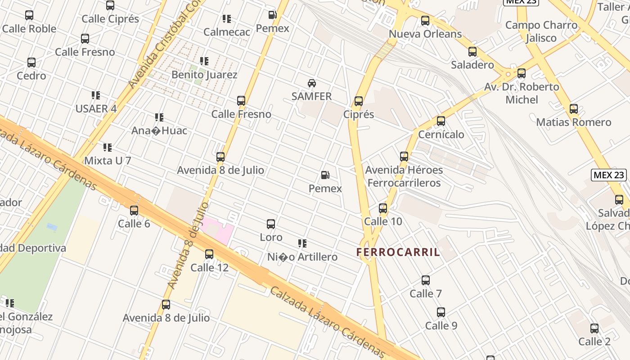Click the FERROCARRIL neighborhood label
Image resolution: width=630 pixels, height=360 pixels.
398,252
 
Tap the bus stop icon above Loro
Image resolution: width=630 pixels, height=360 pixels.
271,224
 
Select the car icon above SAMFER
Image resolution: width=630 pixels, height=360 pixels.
311,83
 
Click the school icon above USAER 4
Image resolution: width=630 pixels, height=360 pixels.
96,95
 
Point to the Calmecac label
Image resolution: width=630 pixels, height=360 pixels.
226,32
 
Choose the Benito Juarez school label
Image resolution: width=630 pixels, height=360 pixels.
204,75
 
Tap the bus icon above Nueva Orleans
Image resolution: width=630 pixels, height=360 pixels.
425,21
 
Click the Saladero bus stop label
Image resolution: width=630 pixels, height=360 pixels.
472,65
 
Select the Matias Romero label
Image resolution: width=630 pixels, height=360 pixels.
573,122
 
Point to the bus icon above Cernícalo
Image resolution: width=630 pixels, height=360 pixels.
441,121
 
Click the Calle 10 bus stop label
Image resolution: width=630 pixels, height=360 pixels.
383,221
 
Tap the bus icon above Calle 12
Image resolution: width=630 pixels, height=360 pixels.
209,254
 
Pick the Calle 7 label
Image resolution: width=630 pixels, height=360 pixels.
425,294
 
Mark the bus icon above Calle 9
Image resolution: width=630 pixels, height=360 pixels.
441,312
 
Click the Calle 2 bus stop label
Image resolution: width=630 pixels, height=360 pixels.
594,342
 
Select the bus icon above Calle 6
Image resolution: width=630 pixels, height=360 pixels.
134,210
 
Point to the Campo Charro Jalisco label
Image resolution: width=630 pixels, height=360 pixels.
541,31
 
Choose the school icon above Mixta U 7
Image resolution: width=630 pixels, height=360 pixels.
108,147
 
